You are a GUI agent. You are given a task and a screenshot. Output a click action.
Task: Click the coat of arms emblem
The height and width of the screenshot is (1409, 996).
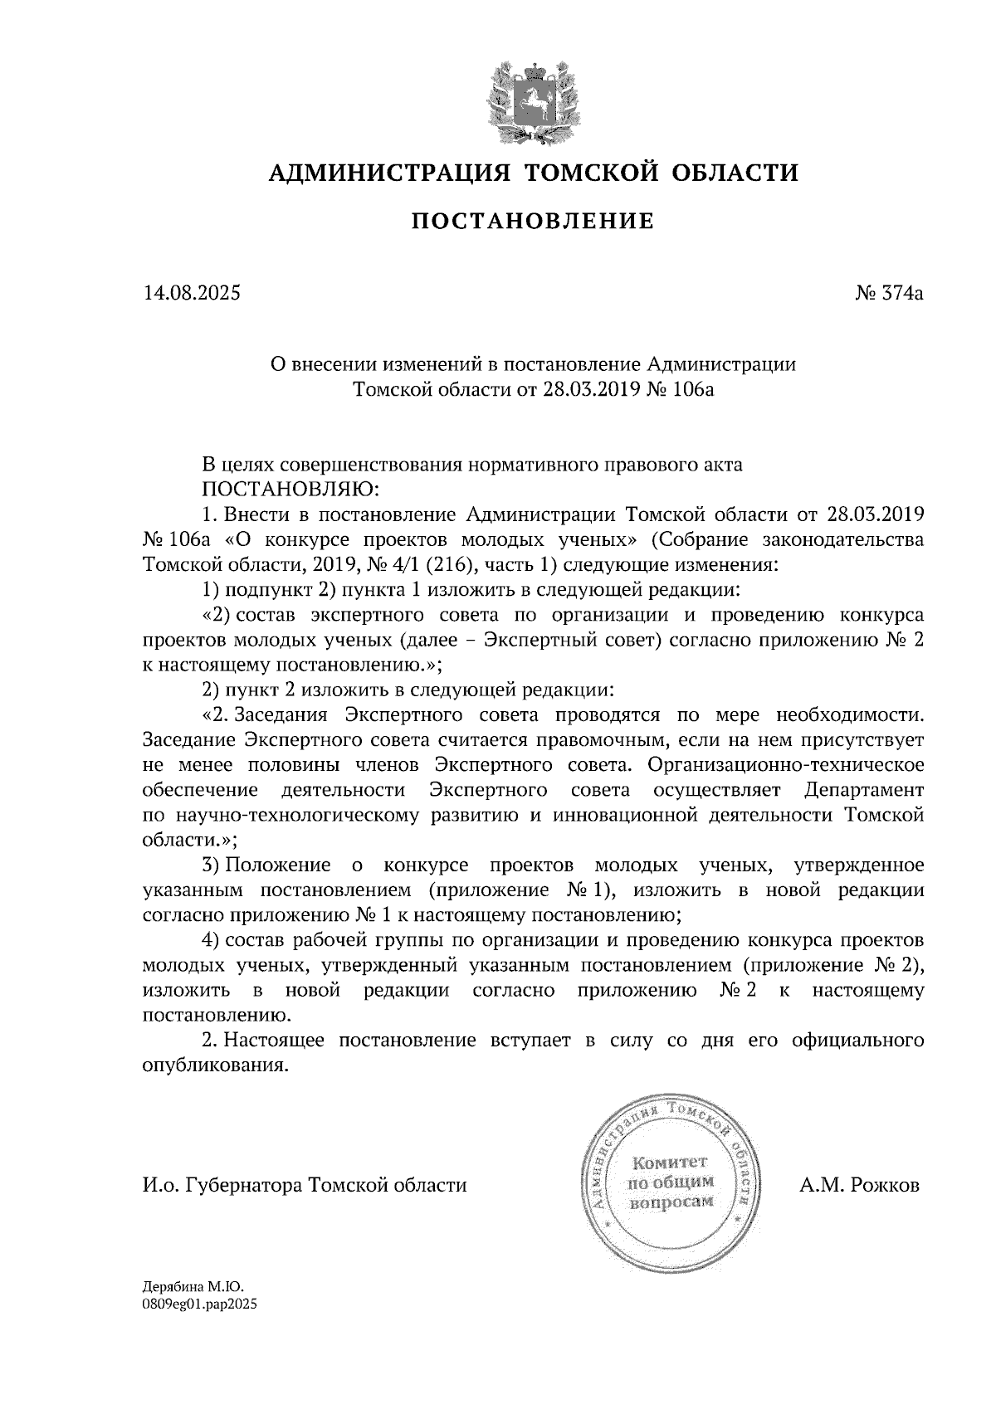click(x=532, y=100)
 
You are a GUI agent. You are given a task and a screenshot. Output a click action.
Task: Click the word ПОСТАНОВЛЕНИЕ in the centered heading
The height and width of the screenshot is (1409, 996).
click(x=532, y=221)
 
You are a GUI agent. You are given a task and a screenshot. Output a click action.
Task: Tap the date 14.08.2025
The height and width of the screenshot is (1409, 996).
click(x=192, y=293)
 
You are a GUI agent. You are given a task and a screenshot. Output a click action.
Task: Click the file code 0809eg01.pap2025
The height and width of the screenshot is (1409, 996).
click(x=200, y=1304)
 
